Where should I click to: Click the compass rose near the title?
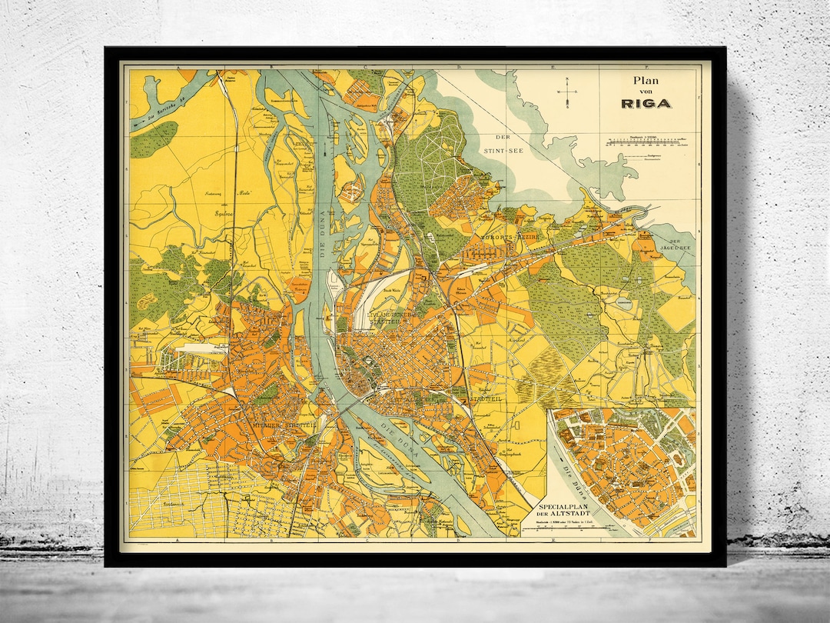(x=567, y=94)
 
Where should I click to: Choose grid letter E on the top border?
(x=552, y=68)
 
